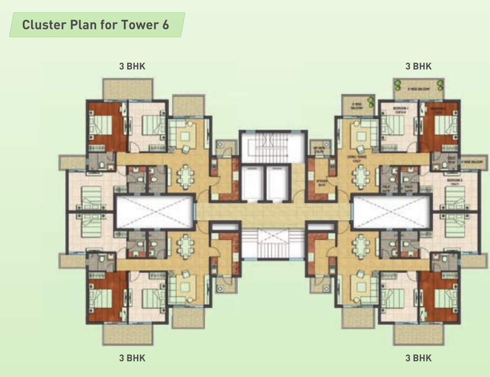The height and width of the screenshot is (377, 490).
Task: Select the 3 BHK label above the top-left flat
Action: (132, 66)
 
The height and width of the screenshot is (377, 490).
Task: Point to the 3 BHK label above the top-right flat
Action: (418, 66)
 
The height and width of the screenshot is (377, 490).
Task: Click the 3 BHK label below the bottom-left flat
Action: (132, 358)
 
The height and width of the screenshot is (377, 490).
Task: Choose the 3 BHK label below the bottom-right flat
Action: (418, 358)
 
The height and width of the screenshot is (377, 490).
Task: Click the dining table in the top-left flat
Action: (186, 176)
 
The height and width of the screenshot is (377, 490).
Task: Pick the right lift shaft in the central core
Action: (277, 183)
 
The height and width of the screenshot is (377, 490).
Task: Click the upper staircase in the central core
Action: (273, 146)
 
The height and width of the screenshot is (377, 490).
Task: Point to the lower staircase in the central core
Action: (273, 244)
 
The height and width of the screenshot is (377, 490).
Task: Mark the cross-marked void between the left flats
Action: (155, 212)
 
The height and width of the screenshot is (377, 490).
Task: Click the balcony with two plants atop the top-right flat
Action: (418, 89)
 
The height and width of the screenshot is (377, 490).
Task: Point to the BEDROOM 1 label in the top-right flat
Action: (398, 109)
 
